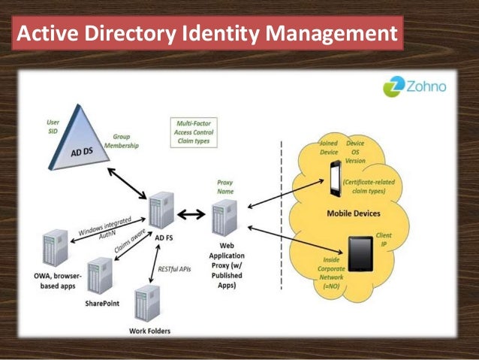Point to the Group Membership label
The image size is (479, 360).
click(x=120, y=141)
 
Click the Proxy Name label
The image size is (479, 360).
click(x=225, y=186)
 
